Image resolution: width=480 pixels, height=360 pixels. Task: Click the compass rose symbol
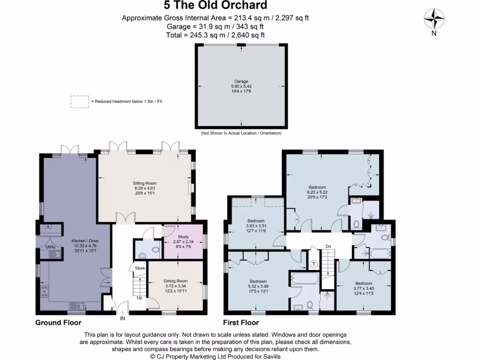point(434,19)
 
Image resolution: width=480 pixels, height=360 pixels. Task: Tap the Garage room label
point(241,82)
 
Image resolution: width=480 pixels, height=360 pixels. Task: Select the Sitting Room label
point(144,183)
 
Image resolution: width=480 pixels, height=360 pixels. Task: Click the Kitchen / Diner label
point(85,240)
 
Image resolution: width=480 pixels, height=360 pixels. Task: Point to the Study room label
point(183,237)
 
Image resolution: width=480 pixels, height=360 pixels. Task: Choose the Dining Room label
point(175,281)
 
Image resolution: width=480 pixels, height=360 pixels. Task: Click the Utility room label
point(51,247)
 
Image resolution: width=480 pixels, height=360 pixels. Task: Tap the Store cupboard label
point(140,268)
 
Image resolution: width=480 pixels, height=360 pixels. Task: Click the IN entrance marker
point(122,318)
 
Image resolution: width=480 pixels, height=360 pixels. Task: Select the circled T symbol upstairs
point(314,264)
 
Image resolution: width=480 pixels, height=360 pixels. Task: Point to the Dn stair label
point(328,247)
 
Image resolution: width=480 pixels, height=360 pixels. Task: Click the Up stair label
point(139,298)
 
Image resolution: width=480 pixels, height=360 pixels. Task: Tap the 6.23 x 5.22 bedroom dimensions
point(317,192)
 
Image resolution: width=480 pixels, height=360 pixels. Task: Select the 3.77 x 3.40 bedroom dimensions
point(364,288)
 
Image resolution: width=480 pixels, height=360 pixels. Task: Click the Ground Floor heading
point(58,322)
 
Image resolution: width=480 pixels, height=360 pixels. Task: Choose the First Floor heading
point(241,322)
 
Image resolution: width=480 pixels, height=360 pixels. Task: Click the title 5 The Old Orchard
point(215,5)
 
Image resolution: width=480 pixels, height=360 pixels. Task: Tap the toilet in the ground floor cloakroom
point(156,249)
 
